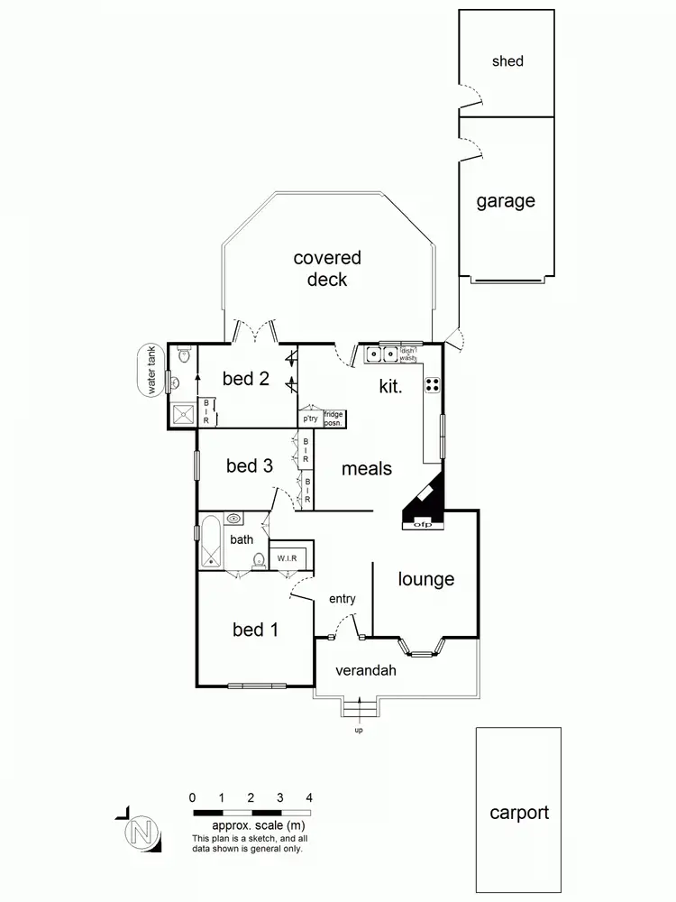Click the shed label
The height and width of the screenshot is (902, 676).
click(x=507, y=61)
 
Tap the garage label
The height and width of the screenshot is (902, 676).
click(x=506, y=201)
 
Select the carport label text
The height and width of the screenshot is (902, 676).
click(x=518, y=813)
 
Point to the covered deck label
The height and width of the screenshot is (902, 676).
click(x=327, y=268)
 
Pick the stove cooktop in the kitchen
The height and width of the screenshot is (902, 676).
click(x=432, y=384)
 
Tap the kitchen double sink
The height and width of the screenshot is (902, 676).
click(x=381, y=355)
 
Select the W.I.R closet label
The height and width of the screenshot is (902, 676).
click(x=288, y=558)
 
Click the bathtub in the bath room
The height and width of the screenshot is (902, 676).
click(x=211, y=540)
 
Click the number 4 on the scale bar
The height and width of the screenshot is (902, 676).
click(x=309, y=797)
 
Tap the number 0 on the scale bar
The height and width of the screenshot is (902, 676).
click(x=193, y=797)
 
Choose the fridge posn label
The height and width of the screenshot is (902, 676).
click(x=333, y=419)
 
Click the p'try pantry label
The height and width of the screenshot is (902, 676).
click(x=311, y=419)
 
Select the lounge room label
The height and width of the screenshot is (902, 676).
click(x=425, y=579)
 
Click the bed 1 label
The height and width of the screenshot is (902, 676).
click(x=255, y=630)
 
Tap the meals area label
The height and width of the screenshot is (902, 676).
click(x=367, y=468)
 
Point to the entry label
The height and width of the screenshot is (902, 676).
click(x=343, y=599)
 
